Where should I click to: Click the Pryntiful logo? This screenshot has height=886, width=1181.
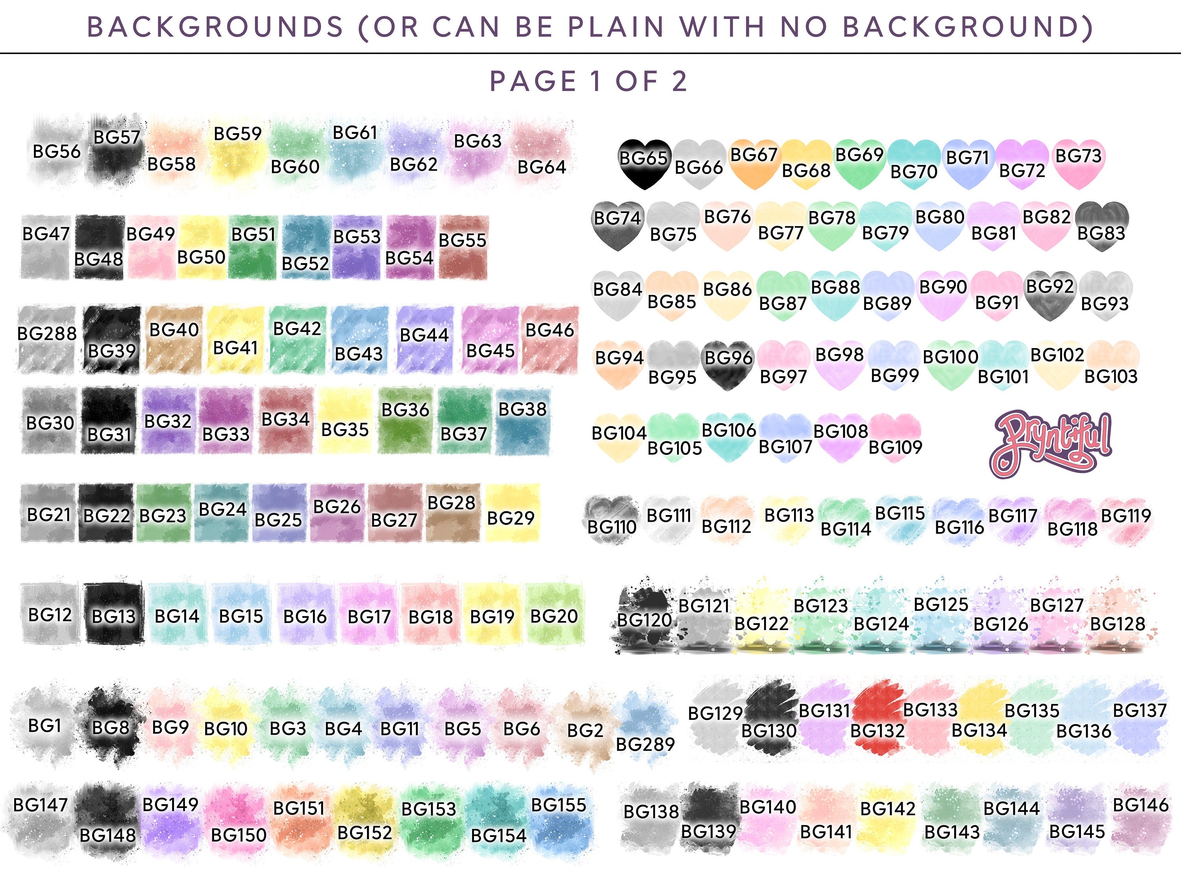tap(1051, 443)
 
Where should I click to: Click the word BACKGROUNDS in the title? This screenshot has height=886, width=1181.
tap(215, 27)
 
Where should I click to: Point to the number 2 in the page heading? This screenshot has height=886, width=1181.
tap(679, 81)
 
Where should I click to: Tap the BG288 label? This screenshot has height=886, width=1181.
tap(47, 334)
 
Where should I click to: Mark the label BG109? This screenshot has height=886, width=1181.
tap(895, 447)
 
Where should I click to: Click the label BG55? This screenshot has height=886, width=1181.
tap(463, 240)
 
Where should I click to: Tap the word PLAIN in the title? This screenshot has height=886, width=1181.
tap(616, 27)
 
